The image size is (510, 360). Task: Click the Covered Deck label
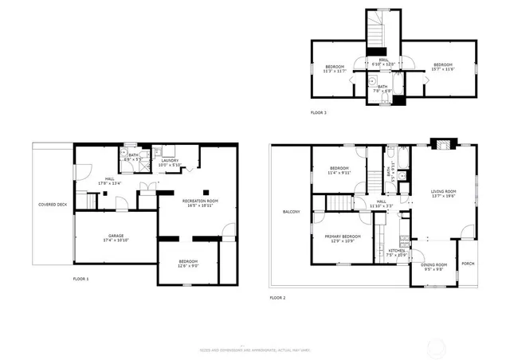[52, 205]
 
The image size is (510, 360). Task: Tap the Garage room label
[116, 236]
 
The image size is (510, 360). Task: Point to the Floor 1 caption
[80, 279]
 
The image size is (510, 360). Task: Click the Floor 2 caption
[277, 297]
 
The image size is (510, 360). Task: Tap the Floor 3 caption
[318, 113]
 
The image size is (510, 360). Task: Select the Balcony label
[291, 211]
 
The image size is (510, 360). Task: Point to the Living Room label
[444, 191]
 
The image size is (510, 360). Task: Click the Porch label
[467, 264]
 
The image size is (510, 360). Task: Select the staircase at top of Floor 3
[378, 32]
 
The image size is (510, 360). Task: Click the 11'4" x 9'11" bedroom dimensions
[339, 172]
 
